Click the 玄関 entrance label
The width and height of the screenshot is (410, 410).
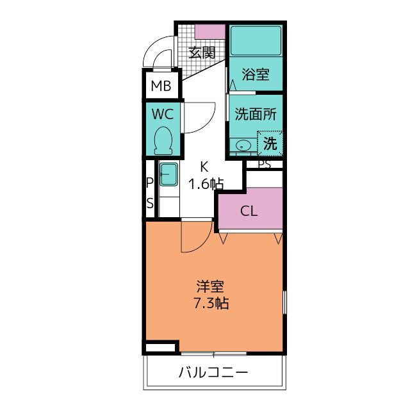[202, 53]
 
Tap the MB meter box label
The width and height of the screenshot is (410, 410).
[161, 86]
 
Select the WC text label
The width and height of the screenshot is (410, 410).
[163, 114]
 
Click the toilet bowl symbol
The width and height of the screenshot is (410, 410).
[163, 141]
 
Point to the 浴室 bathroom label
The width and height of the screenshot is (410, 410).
[256, 74]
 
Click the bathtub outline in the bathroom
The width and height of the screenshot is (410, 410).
[256, 40]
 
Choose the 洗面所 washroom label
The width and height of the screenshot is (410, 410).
[256, 114]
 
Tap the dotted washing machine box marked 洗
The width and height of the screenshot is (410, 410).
[270, 143]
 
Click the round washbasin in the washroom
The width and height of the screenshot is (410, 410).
[242, 145]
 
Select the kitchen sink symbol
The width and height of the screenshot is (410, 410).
[168, 174]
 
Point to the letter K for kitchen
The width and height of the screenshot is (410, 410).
[204, 167]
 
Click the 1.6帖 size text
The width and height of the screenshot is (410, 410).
[206, 184]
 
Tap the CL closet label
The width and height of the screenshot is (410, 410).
[249, 211]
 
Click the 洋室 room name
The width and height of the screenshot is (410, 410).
[210, 286]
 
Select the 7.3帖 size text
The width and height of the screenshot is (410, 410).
[211, 303]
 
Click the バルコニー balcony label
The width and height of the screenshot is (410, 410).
[213, 372]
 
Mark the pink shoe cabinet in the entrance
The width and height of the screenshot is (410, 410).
[210, 32]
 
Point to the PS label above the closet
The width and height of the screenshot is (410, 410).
[265, 164]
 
